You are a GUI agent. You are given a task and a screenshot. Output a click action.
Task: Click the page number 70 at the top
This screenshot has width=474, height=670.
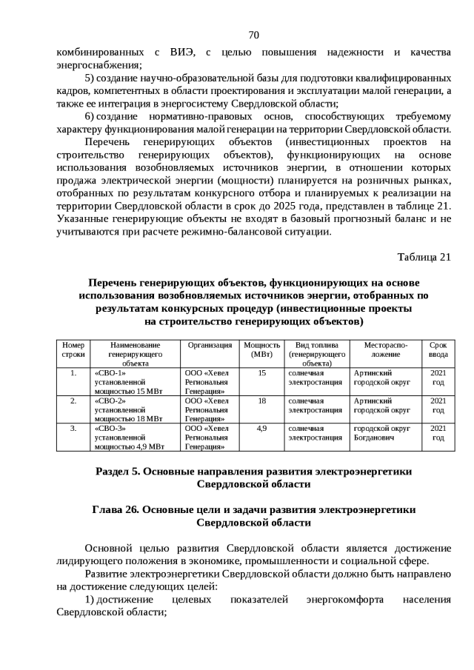253,35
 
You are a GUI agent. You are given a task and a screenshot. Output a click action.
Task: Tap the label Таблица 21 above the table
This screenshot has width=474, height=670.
424,257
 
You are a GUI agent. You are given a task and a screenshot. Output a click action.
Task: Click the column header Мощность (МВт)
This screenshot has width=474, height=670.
261,349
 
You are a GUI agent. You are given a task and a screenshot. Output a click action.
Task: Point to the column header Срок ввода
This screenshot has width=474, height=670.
438,349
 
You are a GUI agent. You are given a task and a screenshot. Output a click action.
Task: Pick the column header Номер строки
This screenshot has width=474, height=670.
73,349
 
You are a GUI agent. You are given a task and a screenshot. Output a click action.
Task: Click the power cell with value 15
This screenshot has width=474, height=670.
261,373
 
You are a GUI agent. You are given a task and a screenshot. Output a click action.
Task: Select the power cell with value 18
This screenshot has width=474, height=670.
261,401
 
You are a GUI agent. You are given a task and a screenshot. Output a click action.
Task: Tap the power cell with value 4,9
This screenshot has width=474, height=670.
261,428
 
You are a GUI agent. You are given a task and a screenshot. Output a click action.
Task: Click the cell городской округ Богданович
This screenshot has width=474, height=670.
381,432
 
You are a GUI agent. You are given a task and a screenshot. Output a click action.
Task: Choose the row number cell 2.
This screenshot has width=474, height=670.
73,401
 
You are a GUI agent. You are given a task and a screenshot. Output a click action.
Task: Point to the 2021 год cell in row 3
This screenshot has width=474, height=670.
438,432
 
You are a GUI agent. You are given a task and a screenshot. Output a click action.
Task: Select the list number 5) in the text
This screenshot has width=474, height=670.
89,78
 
